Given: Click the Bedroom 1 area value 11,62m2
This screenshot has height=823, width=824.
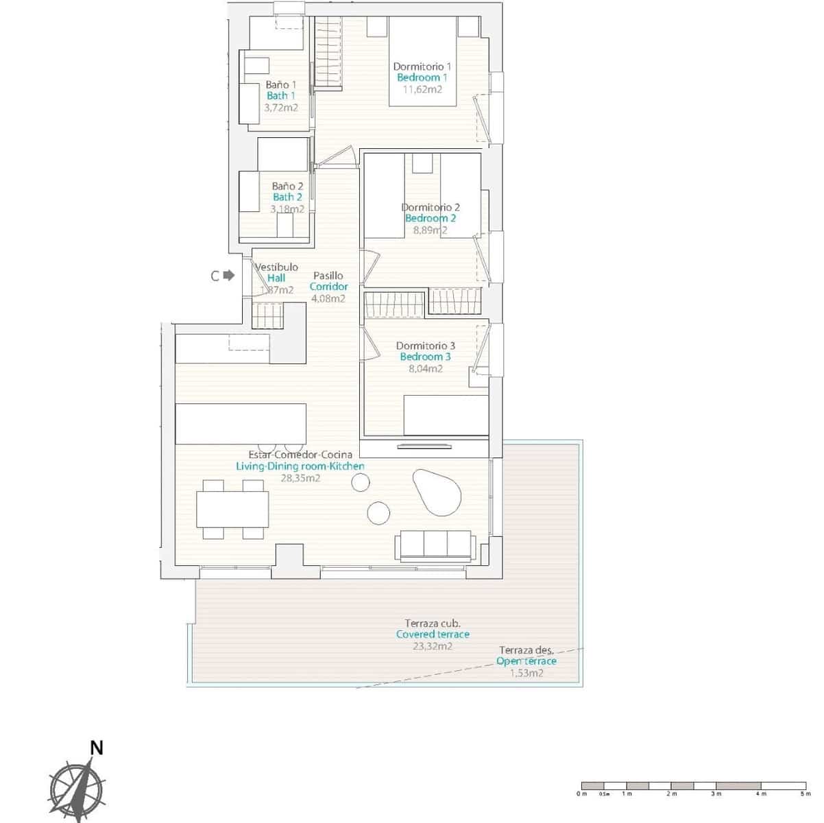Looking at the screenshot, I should (x=422, y=89).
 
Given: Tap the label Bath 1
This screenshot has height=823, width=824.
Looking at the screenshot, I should (x=281, y=96).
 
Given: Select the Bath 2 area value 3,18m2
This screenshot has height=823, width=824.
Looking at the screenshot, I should (x=287, y=208).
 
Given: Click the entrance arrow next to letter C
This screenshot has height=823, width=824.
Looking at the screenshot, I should (x=229, y=275).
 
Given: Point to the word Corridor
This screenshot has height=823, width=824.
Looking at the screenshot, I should (x=328, y=287).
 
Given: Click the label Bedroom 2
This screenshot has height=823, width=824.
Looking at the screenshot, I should (x=430, y=219).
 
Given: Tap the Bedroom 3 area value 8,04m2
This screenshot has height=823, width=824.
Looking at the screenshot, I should (x=425, y=368).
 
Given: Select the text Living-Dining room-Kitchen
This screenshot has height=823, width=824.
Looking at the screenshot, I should (x=300, y=466).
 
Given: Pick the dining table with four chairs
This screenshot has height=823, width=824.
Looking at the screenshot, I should (x=233, y=509).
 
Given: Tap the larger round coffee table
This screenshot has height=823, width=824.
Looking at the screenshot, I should (x=378, y=512).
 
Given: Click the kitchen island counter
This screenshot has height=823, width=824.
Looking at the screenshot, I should (x=241, y=424).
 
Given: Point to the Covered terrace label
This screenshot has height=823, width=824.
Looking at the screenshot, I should (x=433, y=634).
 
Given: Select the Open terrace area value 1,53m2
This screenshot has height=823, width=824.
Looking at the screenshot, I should (x=526, y=673).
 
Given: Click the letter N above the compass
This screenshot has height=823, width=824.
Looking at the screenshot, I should (x=97, y=748).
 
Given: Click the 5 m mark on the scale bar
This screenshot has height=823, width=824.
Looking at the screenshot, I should (x=805, y=794).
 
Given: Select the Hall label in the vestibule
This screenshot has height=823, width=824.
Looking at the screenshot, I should (x=276, y=278).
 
